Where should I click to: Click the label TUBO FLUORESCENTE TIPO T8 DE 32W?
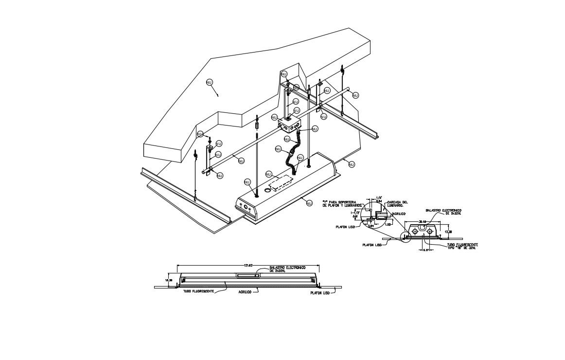(462, 246)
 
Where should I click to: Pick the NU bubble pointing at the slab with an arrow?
(210, 82)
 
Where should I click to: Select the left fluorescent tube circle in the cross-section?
(415, 233)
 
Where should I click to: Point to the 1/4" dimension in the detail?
(378, 198)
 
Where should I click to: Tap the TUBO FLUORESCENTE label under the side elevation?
(199, 291)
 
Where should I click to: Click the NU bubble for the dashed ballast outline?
(268, 174)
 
